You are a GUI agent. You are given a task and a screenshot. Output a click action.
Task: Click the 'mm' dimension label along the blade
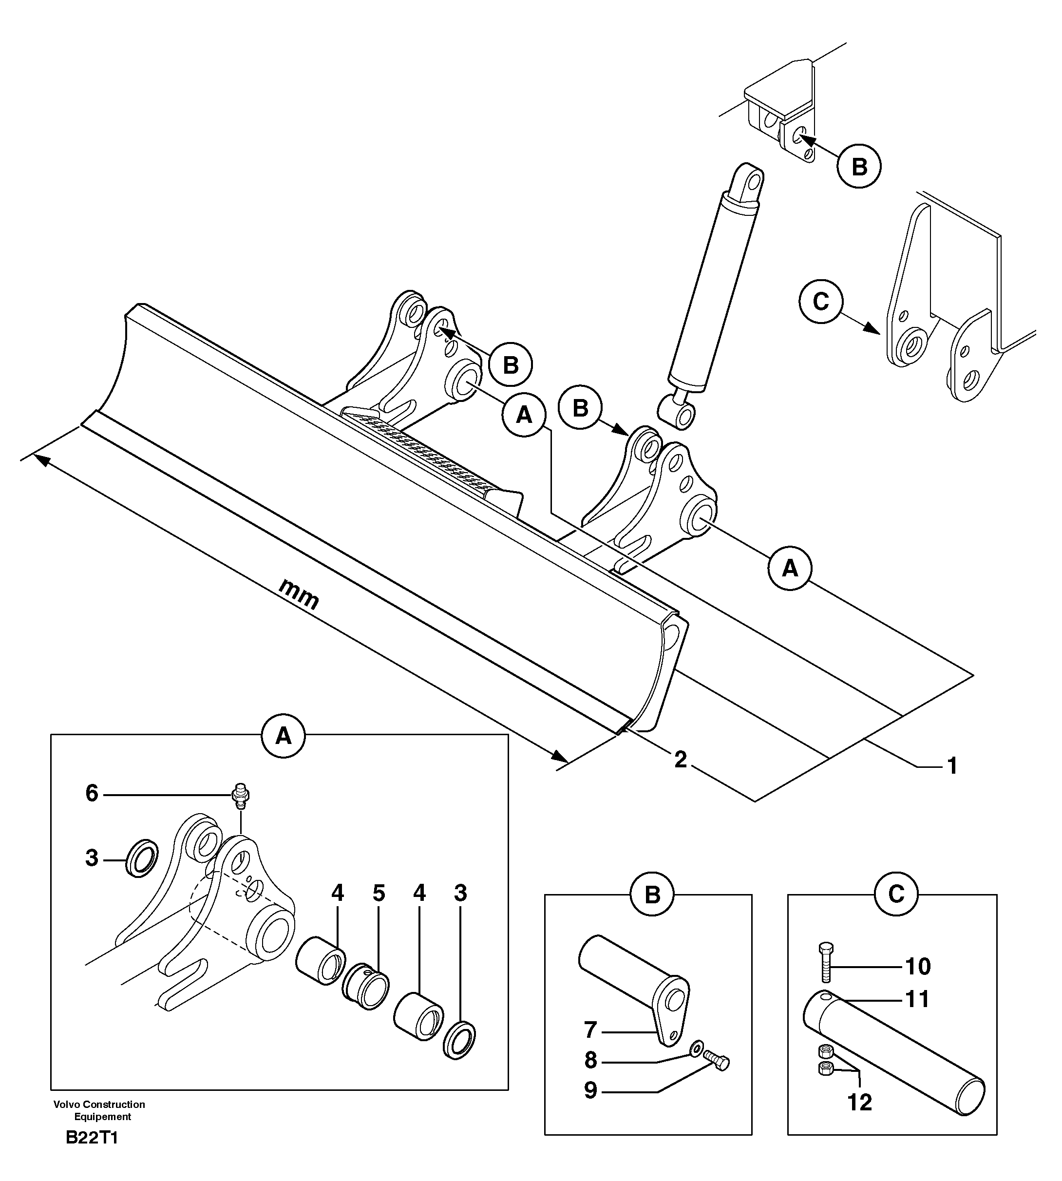(299, 593)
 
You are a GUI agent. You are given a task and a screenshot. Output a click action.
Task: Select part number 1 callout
(952, 765)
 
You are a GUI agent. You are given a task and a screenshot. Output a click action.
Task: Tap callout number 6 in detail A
(92, 794)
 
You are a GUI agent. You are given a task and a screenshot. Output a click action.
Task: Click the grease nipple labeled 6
(240, 795)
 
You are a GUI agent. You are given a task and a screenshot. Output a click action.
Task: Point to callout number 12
(859, 1102)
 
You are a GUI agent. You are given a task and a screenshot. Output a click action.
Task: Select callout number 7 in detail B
(590, 1030)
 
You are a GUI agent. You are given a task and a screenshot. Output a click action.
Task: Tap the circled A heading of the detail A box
(284, 736)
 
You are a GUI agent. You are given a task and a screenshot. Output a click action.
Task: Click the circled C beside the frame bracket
(821, 302)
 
